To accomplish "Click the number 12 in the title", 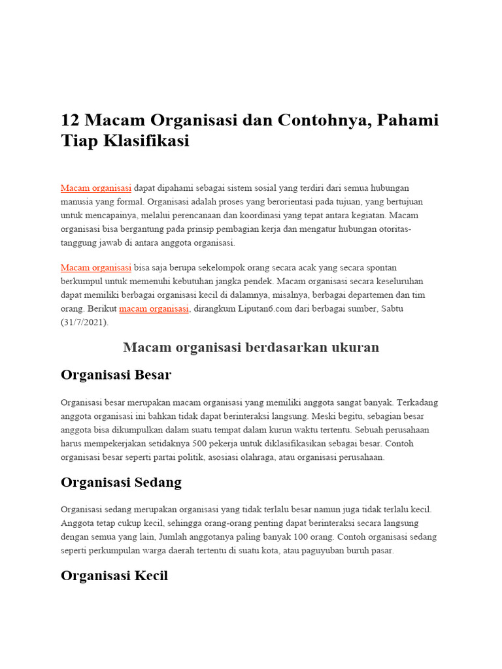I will [69, 121].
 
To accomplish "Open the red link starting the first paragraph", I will [96, 188].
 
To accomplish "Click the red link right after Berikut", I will [154, 309].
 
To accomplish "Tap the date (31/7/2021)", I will [85, 323].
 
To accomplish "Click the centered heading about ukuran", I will [251, 348].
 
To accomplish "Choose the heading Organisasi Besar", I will [116, 375].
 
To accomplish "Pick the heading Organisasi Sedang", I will [121, 482].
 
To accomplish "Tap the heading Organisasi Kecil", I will [114, 576].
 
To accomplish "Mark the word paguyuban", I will [322, 551].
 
